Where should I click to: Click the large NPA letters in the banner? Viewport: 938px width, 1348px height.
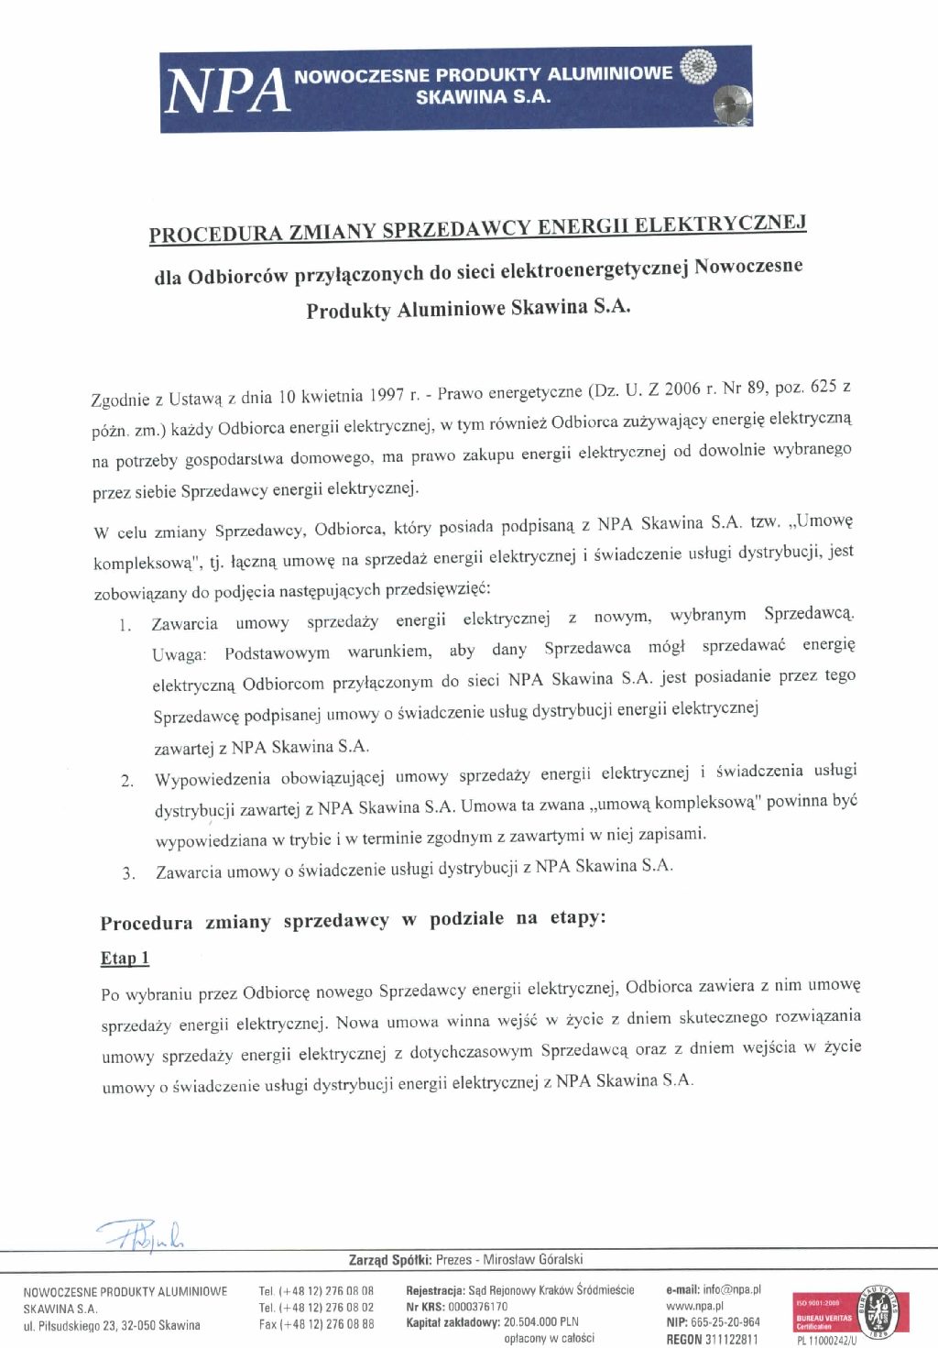click(226, 90)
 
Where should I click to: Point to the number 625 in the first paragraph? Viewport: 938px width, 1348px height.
click(823, 386)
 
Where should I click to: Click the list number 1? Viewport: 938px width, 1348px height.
click(125, 626)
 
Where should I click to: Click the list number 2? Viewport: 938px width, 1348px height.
click(127, 781)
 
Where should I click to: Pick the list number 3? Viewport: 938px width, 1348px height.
click(128, 873)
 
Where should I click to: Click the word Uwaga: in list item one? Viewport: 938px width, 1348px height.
click(180, 654)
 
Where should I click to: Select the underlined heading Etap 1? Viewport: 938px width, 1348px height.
click(125, 959)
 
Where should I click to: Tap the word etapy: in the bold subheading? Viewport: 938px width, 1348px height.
click(578, 917)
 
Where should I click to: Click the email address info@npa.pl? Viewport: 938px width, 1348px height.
click(731, 1289)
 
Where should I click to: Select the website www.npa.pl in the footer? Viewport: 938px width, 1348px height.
click(694, 1306)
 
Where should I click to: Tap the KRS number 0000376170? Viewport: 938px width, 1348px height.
click(477, 1307)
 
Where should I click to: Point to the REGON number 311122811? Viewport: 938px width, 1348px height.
click(731, 1339)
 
